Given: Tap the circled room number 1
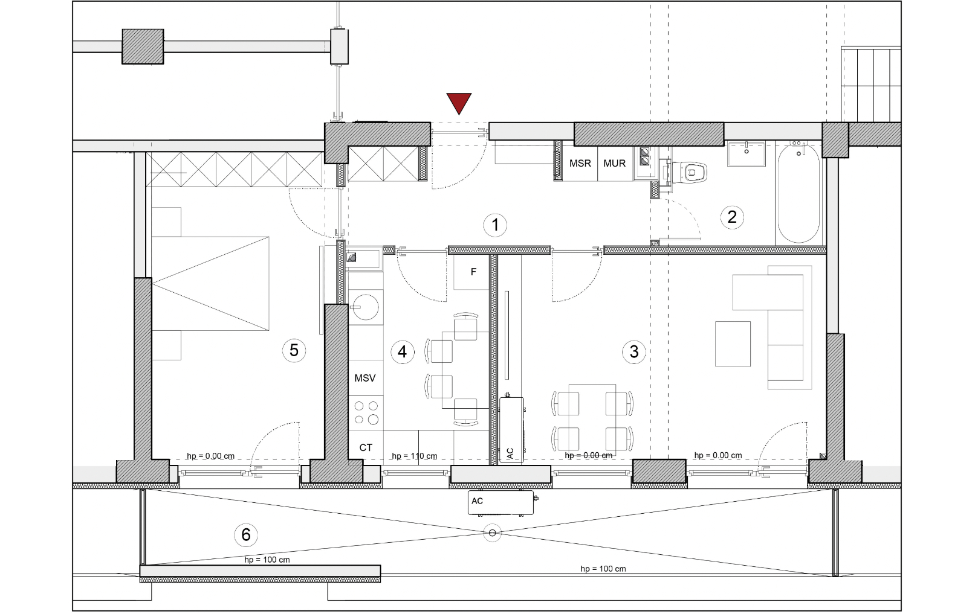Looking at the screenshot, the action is (495, 225).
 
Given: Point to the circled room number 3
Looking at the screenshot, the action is (633, 351).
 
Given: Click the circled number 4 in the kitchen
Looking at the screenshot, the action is (402, 351).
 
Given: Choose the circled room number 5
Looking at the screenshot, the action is (294, 350).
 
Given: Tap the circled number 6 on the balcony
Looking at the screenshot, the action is (246, 534).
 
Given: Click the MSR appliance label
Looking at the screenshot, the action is (580, 164).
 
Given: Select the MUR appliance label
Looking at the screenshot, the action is (614, 164).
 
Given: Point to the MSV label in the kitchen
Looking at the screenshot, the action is (364, 379).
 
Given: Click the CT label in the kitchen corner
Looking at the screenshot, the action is (366, 447).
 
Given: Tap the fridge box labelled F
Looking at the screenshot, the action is (472, 272).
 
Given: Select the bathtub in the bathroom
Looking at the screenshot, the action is (798, 192).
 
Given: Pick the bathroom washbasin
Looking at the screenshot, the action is (747, 153).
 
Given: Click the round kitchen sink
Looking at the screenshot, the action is (366, 307).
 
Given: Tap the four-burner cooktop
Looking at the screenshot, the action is (366, 413).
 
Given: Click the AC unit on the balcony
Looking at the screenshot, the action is (500, 503).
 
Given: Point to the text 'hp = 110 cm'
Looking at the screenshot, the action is (415, 456).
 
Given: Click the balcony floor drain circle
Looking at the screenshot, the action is (492, 532).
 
